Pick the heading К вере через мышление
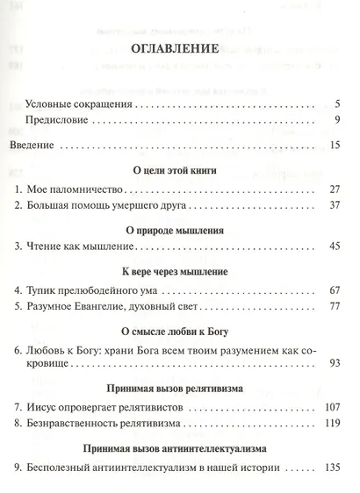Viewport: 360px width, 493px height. click(x=179, y=272)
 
